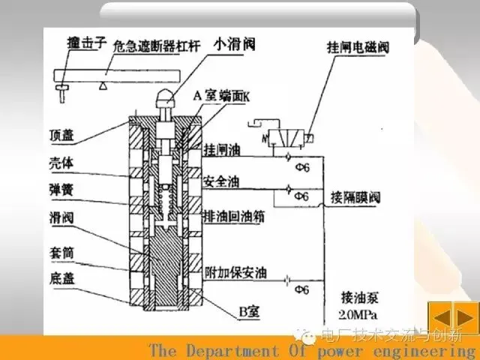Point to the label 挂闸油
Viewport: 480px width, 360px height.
pyautogui.click(x=219, y=150)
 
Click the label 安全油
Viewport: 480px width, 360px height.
pyautogui.click(x=219, y=180)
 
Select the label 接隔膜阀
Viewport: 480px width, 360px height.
pyautogui.click(x=356, y=198)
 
